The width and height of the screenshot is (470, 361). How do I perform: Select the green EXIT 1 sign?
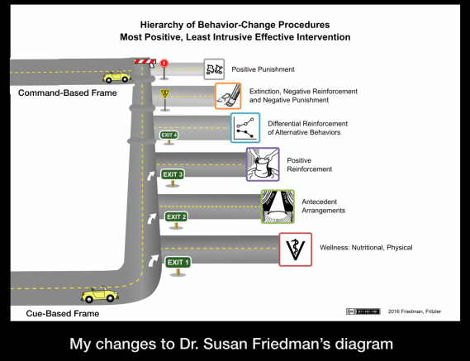coord(178,263)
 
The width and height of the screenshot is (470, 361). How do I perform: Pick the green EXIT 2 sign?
coord(176,217)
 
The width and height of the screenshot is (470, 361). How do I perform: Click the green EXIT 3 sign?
coord(173,174)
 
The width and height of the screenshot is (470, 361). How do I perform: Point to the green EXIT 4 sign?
coord(169,135)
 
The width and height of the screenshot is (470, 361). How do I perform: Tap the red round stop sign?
coord(164,63)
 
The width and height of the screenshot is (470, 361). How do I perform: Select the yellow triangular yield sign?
coord(164,93)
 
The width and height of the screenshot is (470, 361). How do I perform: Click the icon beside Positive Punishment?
coord(215,69)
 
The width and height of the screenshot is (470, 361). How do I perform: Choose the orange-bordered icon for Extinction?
coord(227,96)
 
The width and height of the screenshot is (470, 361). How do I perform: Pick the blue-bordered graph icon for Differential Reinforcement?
coord(245,128)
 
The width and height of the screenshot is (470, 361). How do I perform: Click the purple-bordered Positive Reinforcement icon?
coord(263,164)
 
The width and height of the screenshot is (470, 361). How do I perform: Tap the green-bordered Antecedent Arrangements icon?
coord(278,207)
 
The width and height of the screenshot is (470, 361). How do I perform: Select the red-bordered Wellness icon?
coord(295,248)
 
